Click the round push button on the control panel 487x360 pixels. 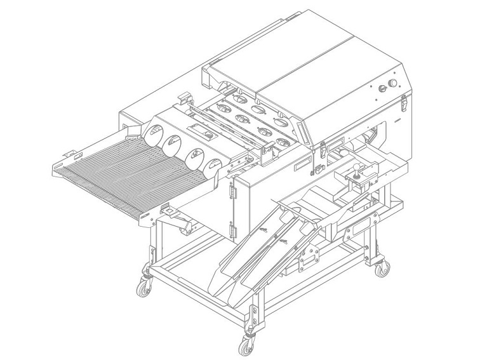(393, 83)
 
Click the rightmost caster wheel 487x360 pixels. (383, 270)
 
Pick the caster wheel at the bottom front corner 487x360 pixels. (244, 347)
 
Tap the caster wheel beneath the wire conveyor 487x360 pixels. (144, 286)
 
